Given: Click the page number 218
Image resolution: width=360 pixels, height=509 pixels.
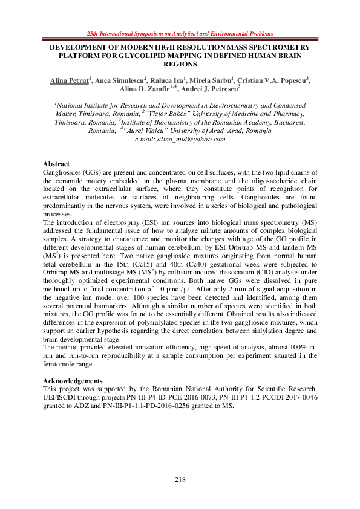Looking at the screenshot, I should point(180,479).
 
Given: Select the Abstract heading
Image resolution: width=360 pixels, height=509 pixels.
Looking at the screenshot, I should point(56,164).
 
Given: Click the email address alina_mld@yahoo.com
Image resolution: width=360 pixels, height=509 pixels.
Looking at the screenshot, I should point(195,138).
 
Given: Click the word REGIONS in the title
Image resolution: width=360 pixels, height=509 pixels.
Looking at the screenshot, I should point(180,63).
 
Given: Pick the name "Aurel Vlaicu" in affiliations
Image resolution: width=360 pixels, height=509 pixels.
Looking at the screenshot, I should point(149,130).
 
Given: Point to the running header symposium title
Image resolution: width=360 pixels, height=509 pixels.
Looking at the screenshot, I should point(180,33).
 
